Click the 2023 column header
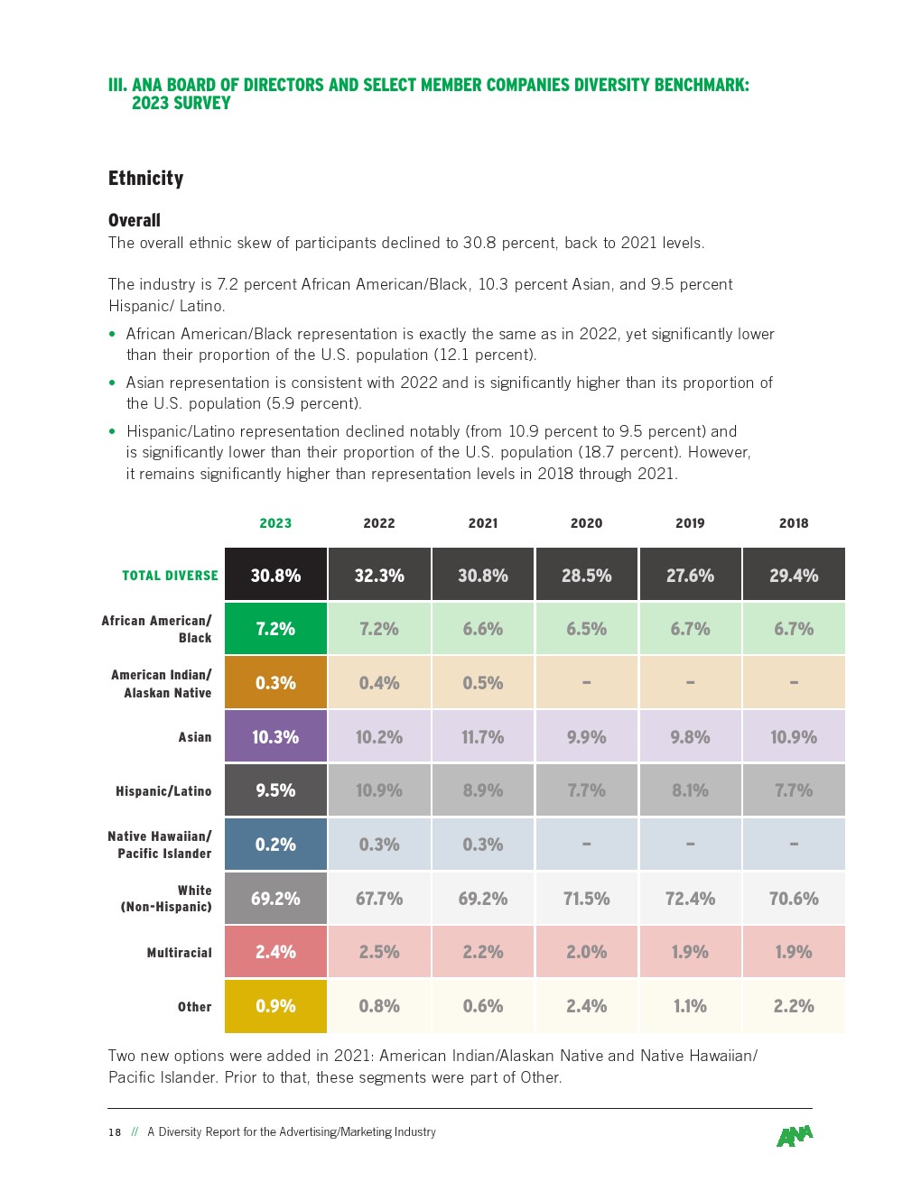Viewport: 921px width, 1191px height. tap(275, 523)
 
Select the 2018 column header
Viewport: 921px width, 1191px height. tap(794, 523)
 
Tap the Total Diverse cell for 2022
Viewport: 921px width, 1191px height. tap(379, 575)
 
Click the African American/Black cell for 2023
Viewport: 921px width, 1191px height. tap(275, 629)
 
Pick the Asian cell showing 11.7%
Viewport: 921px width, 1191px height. tap(483, 737)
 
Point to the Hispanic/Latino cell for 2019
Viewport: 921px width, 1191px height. tap(690, 790)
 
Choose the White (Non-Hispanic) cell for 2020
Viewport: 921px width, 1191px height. tap(587, 899)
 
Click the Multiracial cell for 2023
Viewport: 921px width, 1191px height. tap(275, 952)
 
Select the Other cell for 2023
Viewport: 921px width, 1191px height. tap(275, 1006)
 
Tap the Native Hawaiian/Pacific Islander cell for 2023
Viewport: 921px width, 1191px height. tap(275, 845)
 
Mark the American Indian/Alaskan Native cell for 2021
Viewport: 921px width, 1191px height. tap(483, 683)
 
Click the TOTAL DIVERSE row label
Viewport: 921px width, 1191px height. tap(170, 576)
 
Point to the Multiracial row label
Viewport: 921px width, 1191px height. tap(179, 953)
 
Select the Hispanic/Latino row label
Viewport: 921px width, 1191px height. tap(163, 791)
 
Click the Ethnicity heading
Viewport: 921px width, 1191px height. tap(145, 179)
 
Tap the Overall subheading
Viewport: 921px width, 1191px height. tap(135, 220)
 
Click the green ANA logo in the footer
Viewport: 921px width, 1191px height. tap(795, 1136)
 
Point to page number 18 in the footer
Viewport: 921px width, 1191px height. tap(115, 1132)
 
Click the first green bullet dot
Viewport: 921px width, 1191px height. tap(112, 334)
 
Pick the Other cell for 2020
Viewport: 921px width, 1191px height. tap(587, 1006)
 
